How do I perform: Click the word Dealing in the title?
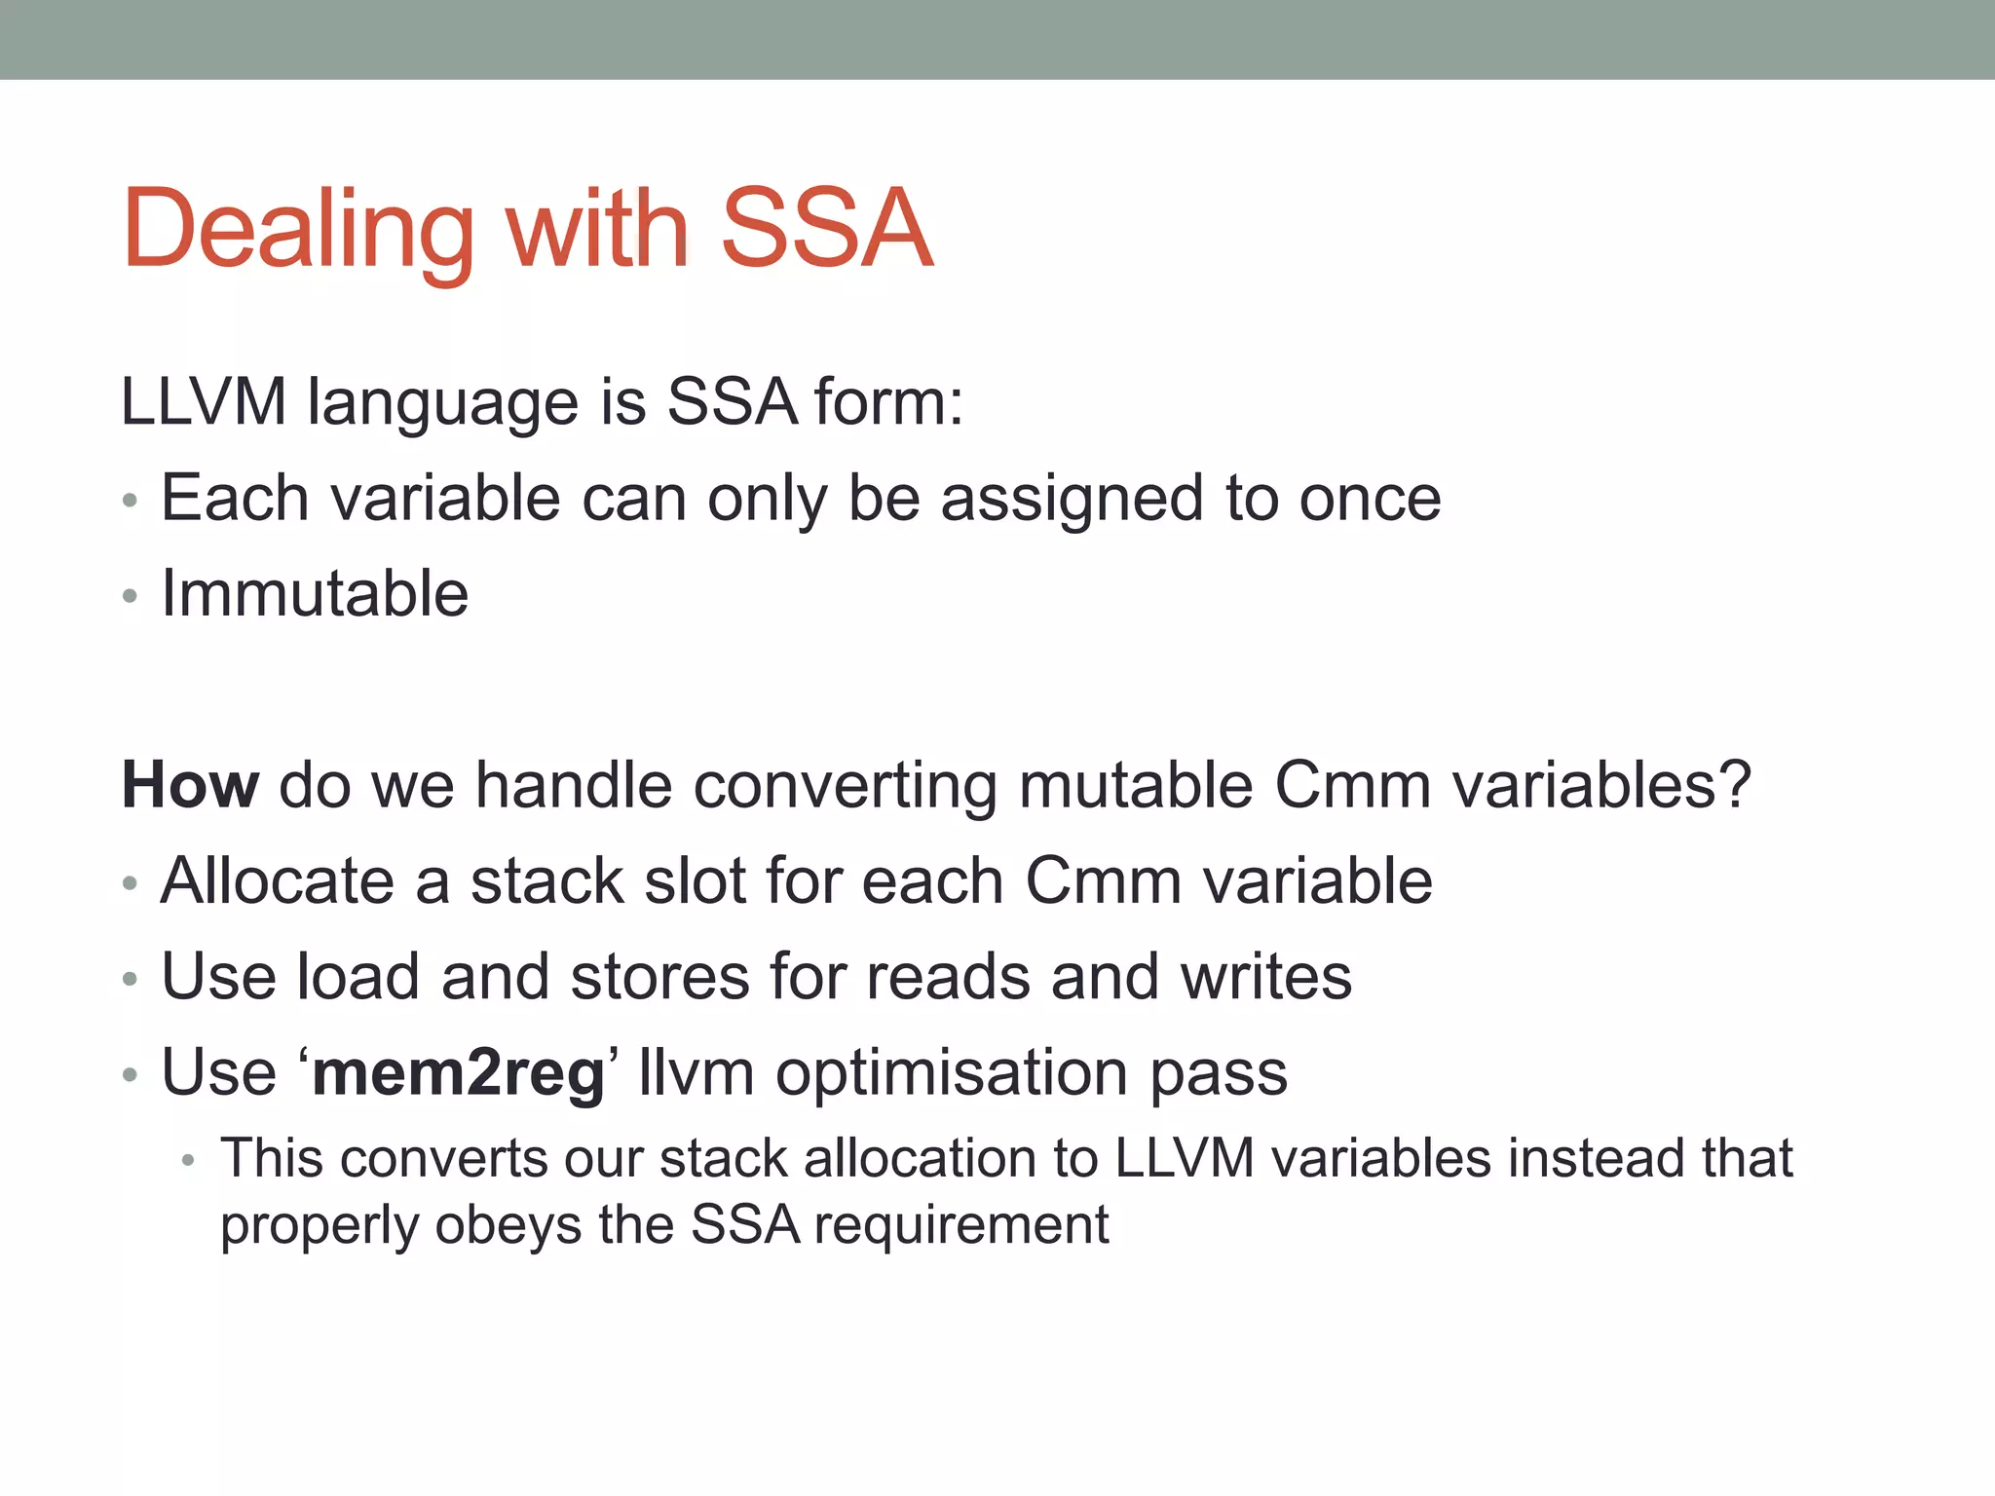point(298,230)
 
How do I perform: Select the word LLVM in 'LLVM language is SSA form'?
point(203,401)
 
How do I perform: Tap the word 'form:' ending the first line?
point(887,401)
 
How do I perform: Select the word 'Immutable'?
point(315,593)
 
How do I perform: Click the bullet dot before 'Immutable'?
point(131,596)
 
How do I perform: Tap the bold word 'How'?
point(190,785)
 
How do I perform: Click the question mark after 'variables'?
point(1734,785)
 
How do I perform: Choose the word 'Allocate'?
point(277,880)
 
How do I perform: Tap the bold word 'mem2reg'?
point(459,1073)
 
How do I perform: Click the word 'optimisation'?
point(952,1073)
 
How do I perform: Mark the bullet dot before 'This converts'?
point(189,1161)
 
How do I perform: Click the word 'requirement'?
point(961,1225)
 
